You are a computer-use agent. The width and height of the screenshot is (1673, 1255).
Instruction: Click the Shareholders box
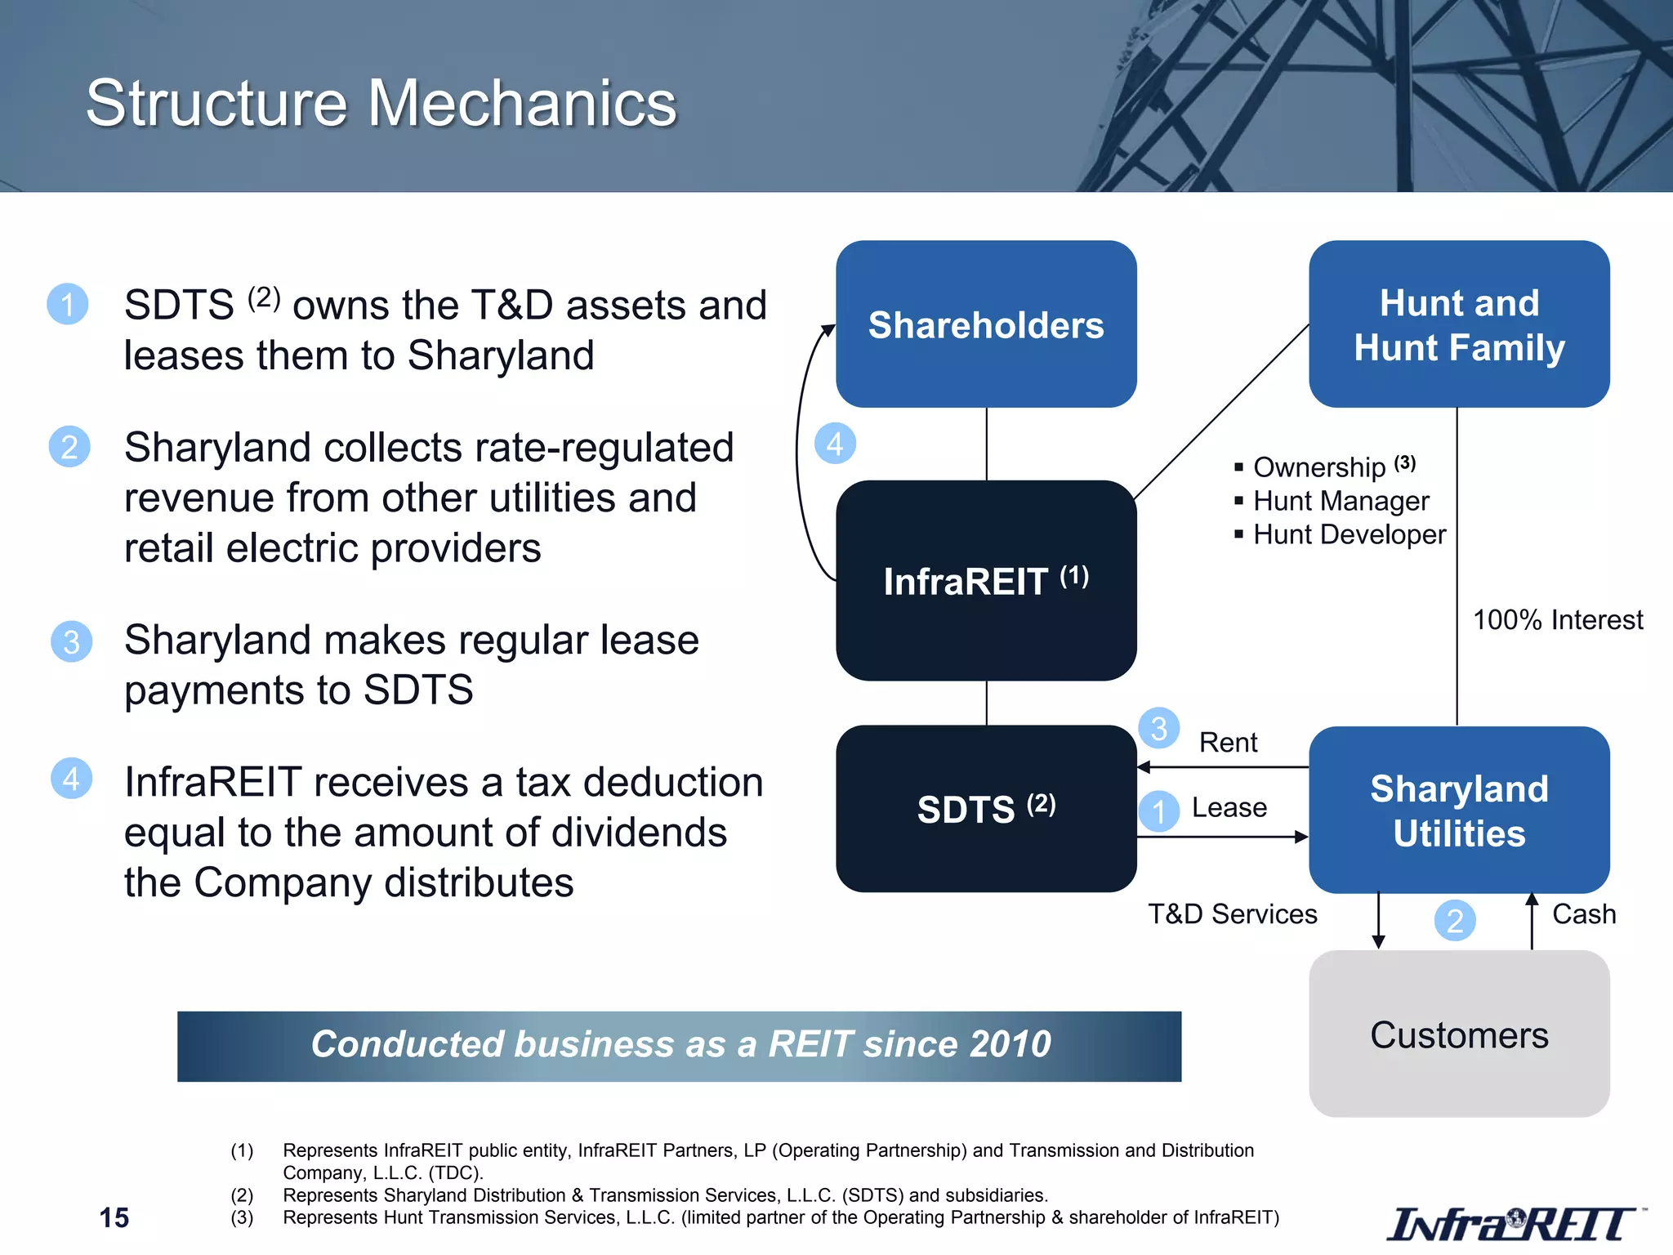coord(986,324)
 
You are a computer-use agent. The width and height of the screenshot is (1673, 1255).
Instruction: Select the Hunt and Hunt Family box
coord(1459,324)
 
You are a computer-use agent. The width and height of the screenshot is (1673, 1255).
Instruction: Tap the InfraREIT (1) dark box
coord(986,581)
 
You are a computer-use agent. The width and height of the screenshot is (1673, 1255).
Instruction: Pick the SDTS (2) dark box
coord(986,809)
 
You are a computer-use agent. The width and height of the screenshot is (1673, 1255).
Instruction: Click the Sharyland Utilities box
coord(1459,810)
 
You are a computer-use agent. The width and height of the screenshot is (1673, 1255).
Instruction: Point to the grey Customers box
coord(1459,1034)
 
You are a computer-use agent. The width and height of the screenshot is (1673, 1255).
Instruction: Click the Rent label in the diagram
coord(1228,743)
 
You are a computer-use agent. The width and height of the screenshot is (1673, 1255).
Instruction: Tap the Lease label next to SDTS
coord(1229,807)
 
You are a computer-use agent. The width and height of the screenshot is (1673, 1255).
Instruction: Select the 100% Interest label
coord(1557,620)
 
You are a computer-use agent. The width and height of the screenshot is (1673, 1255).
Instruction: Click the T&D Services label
coord(1232,913)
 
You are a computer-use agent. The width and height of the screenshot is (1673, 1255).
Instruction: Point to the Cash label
coord(1583,913)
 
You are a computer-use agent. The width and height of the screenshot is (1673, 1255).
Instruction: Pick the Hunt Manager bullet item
coord(1341,501)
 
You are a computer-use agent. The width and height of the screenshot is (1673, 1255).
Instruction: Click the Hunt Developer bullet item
coord(1349,534)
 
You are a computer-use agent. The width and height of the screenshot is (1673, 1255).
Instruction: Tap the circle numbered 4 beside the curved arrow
coord(835,444)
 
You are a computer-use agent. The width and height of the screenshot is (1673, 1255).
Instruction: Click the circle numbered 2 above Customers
coord(1454,921)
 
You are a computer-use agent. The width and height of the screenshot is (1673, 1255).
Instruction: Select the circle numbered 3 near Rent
coord(1158,728)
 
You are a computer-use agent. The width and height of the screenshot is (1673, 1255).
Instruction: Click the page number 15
coord(114,1217)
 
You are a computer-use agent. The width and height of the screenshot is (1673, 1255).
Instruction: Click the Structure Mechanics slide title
coord(381,104)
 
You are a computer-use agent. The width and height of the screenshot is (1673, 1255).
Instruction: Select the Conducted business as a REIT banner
coord(679,1046)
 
